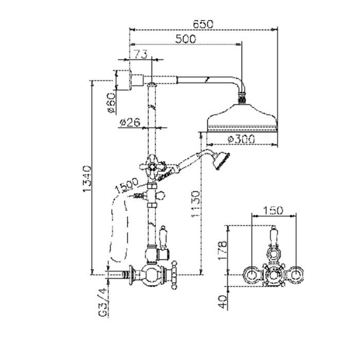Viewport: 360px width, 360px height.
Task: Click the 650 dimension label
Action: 203,24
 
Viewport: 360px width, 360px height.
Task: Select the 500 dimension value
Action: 186,39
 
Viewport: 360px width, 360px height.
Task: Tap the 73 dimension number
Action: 140,55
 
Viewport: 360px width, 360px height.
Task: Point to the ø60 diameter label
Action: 112,103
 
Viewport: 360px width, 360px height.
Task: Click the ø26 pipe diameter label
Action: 130,122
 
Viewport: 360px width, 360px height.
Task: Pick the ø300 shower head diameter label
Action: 241,139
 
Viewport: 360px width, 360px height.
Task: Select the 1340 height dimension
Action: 87,178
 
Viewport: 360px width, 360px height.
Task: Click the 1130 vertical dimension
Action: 195,204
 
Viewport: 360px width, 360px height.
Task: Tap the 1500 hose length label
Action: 127,185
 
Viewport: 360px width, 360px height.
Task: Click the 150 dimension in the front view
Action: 273,210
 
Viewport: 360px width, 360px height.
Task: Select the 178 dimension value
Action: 223,250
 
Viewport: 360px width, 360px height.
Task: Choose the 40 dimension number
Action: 223,302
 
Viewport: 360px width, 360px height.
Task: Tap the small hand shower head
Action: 221,161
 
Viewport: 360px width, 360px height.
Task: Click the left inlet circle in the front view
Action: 251,275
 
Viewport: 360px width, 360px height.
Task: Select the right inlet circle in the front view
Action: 296,275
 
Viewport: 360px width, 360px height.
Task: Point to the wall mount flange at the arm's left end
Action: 130,80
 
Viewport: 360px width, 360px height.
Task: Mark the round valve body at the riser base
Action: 151,275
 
